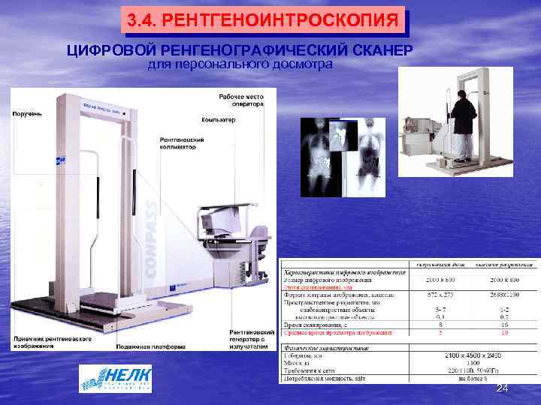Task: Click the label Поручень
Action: pos(26,113)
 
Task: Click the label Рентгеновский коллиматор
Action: pos(178,143)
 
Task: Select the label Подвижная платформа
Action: pos(150,347)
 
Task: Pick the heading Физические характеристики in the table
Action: pos(325,348)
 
